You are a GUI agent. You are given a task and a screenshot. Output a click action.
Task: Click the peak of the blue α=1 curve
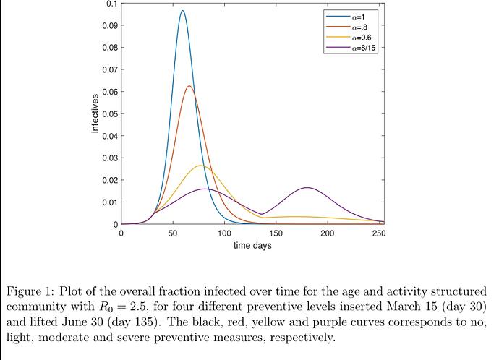(x=182, y=11)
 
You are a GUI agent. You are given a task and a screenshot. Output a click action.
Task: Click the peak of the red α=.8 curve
(x=189, y=86)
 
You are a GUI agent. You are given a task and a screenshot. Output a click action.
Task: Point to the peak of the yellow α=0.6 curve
(x=200, y=166)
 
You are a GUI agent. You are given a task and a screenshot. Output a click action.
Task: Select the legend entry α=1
(x=361, y=14)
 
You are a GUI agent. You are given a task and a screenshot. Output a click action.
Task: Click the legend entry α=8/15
(x=366, y=48)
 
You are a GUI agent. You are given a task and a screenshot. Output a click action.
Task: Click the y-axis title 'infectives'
(x=95, y=114)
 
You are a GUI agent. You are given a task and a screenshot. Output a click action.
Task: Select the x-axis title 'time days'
(x=252, y=246)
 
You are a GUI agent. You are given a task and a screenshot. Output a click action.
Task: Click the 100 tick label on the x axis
(x=224, y=234)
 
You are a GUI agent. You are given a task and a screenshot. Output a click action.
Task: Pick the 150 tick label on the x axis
(x=276, y=234)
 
